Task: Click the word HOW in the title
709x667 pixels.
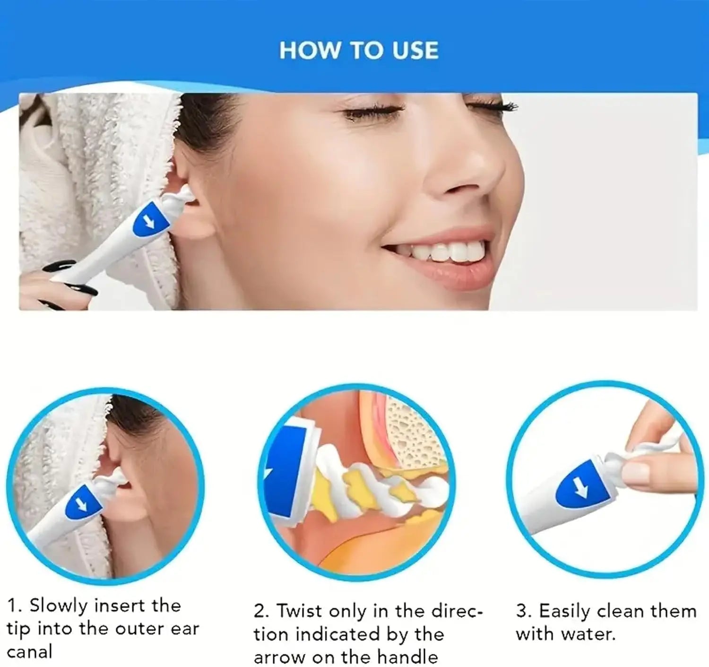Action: (310, 51)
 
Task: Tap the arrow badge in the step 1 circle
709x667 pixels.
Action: (83, 503)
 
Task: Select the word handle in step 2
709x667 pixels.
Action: (408, 657)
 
